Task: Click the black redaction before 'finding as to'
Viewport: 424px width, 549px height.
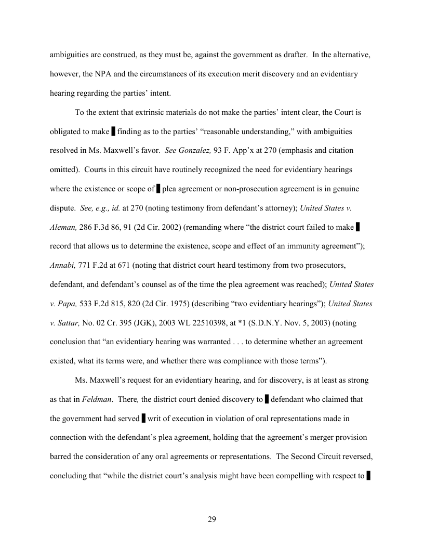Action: coord(113,131)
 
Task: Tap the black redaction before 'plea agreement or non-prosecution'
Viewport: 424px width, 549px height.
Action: coord(158,189)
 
